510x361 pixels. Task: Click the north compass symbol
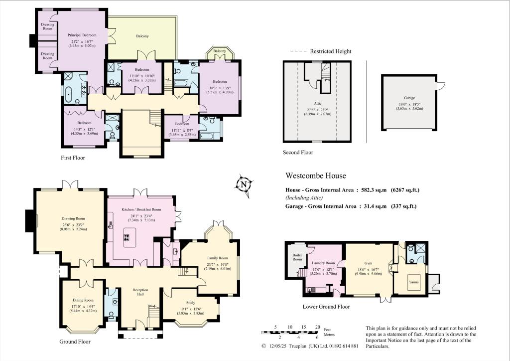pos(244,184)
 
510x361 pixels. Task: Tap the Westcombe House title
pos(315,176)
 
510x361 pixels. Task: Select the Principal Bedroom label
pos(82,35)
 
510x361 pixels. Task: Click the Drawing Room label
pos(74,218)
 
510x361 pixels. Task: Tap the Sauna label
pos(411,281)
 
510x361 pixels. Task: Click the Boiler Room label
pos(297,257)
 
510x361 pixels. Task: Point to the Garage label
pos(409,98)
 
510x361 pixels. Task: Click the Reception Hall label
pos(141,292)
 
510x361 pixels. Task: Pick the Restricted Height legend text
pos(330,51)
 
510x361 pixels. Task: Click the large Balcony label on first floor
pos(142,36)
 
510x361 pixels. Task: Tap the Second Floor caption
pos(298,153)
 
